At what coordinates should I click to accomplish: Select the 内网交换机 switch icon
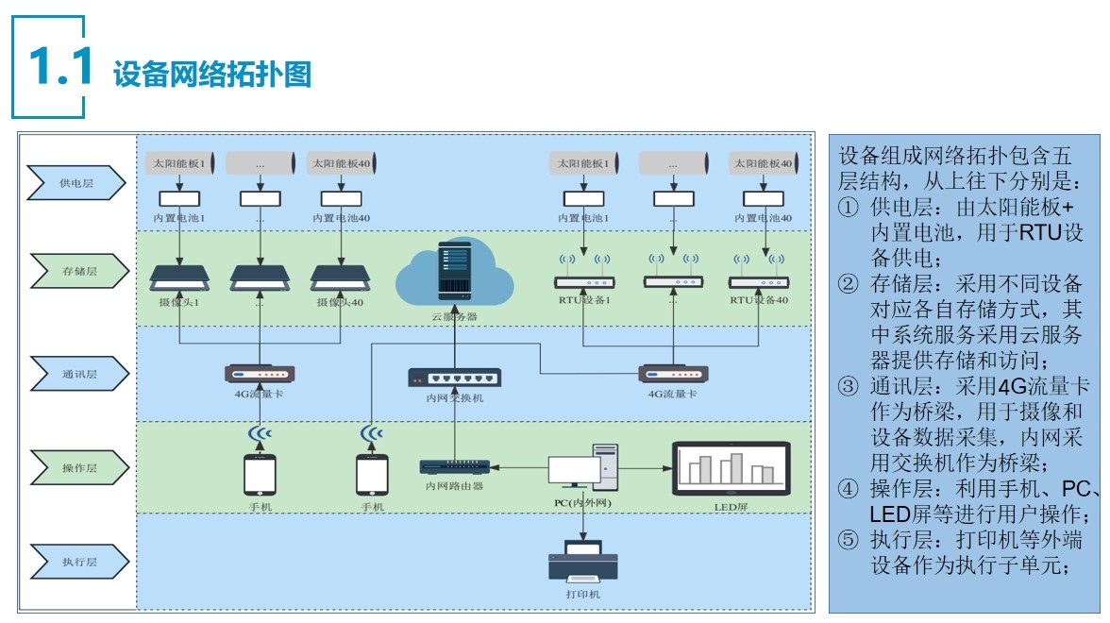tap(454, 378)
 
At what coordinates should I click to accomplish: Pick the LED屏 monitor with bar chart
tap(732, 469)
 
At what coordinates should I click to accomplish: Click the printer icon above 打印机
tap(582, 561)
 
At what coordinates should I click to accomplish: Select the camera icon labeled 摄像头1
tap(179, 278)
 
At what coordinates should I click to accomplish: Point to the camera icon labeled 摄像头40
tap(341, 278)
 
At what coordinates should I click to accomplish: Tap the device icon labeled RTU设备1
tap(584, 281)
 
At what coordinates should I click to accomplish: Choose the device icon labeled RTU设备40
tap(758, 281)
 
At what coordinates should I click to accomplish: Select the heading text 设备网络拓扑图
tap(212, 75)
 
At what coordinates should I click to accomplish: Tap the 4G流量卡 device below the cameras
tap(260, 373)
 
